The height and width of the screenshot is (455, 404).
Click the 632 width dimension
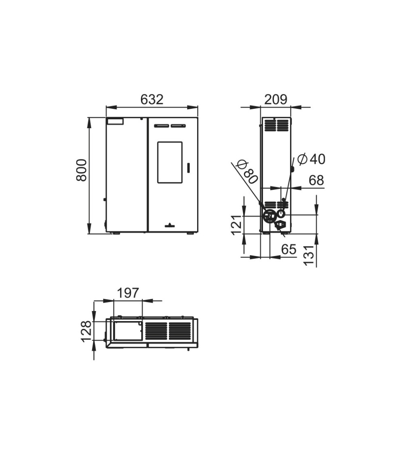tap(152, 99)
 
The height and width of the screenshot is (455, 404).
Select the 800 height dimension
tap(82, 170)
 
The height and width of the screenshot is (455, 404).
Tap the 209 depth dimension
tap(276, 99)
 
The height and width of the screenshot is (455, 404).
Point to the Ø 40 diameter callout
tap(311, 159)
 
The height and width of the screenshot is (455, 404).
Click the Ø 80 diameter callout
tap(247, 172)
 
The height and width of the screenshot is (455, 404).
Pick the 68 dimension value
tap(316, 180)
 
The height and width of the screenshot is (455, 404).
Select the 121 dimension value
tap(236, 225)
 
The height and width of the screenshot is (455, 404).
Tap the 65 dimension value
tap(288, 249)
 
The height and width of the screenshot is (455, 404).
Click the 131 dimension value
tap(309, 255)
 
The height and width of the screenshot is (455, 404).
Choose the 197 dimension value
tap(128, 293)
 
